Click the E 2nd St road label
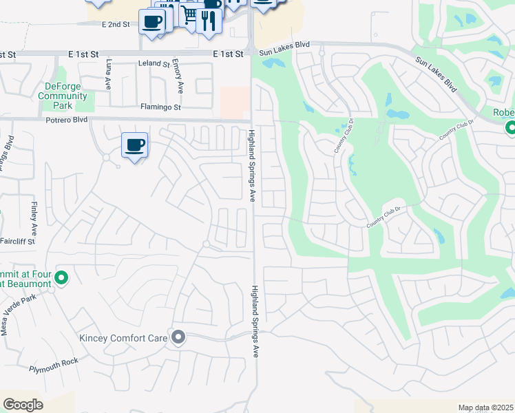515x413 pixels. [x=115, y=25]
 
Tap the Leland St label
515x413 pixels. [x=154, y=64]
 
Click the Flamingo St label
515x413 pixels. [x=160, y=107]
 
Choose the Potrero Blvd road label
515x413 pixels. [x=67, y=119]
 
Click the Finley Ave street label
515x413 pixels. [x=34, y=217]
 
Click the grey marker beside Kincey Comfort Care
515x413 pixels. [x=179, y=337]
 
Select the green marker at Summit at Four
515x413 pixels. [x=61, y=278]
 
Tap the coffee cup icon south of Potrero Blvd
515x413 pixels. [x=135, y=145]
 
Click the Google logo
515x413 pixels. [x=23, y=405]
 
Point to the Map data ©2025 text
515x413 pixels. [x=485, y=407]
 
